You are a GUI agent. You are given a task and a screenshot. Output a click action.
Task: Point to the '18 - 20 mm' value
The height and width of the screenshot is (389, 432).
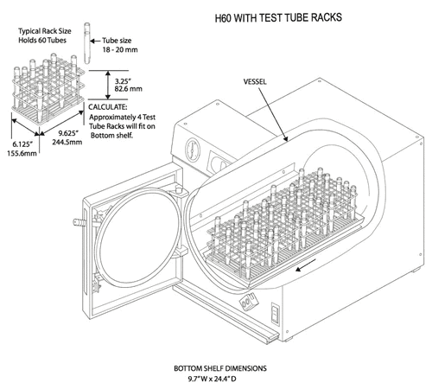(x=121, y=50)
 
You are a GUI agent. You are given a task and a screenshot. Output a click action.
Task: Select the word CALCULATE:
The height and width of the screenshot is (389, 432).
(x=113, y=108)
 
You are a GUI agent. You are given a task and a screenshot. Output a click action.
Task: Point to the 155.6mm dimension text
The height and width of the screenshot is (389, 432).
(x=23, y=156)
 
